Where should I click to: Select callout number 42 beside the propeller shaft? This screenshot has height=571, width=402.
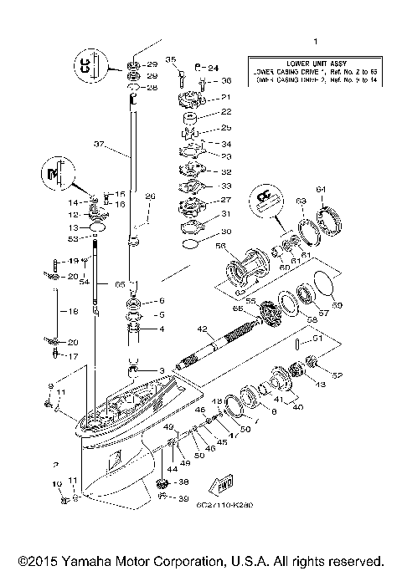203,329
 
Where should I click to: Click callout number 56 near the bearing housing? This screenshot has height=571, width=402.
221,247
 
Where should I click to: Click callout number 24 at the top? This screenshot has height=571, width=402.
213,67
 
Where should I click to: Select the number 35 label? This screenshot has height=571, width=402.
170,60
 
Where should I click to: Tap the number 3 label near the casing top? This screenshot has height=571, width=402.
161,370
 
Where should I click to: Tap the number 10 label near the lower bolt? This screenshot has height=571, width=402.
57,484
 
